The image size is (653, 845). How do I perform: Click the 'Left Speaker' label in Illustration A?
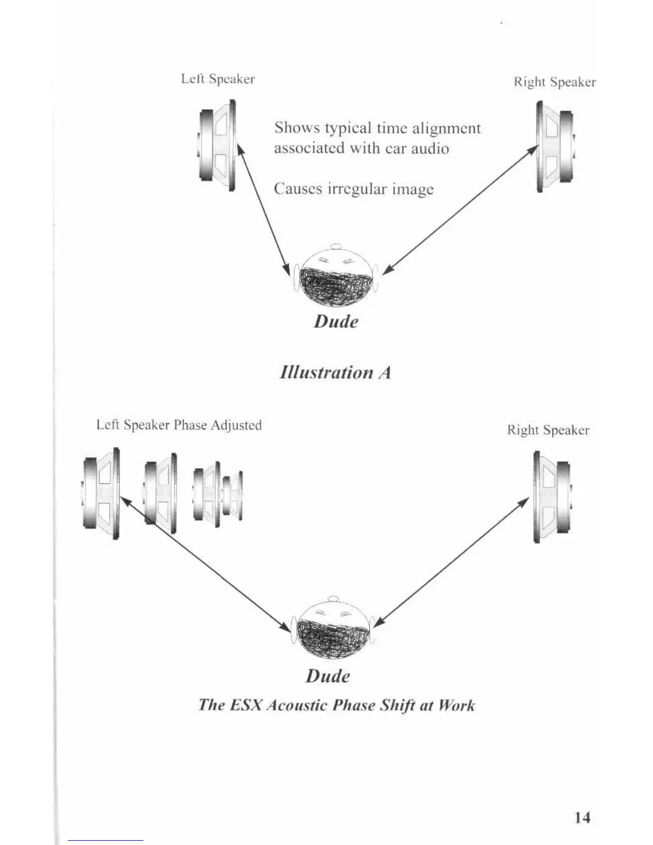(x=218, y=79)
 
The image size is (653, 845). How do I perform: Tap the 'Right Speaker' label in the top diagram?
(x=555, y=82)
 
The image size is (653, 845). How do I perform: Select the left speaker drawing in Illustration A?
(x=217, y=145)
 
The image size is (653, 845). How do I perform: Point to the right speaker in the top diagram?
(x=554, y=146)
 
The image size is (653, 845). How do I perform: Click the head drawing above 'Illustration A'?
(x=335, y=276)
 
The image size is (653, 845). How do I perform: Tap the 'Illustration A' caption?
(x=336, y=372)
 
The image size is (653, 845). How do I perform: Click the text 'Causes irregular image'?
(x=354, y=189)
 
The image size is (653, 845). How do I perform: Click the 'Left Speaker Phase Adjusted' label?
(x=179, y=425)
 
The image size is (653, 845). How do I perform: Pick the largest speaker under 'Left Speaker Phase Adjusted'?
(x=101, y=493)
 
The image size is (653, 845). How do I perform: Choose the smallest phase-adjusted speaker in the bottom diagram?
(x=233, y=496)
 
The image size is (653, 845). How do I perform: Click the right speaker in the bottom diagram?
(x=553, y=497)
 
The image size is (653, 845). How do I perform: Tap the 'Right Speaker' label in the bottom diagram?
(x=548, y=430)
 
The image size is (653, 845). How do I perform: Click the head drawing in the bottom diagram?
(x=333, y=628)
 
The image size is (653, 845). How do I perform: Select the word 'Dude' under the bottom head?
(x=328, y=676)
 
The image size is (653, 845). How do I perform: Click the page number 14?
(x=583, y=817)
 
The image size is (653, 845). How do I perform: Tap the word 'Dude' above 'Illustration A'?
(x=336, y=321)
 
